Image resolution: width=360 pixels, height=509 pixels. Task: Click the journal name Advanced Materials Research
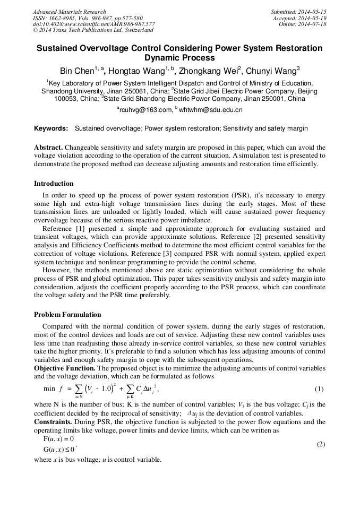69,12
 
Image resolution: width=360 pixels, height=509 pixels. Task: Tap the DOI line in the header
94,24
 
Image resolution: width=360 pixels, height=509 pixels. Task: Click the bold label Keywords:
51,128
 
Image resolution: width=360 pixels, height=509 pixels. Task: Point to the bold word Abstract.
49,147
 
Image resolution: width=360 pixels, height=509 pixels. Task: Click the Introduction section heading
54,184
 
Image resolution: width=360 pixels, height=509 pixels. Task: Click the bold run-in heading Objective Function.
64,368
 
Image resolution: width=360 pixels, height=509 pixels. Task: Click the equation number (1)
320,389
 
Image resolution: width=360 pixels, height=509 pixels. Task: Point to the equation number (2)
320,444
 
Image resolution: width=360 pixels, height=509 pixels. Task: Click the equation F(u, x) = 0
58,439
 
